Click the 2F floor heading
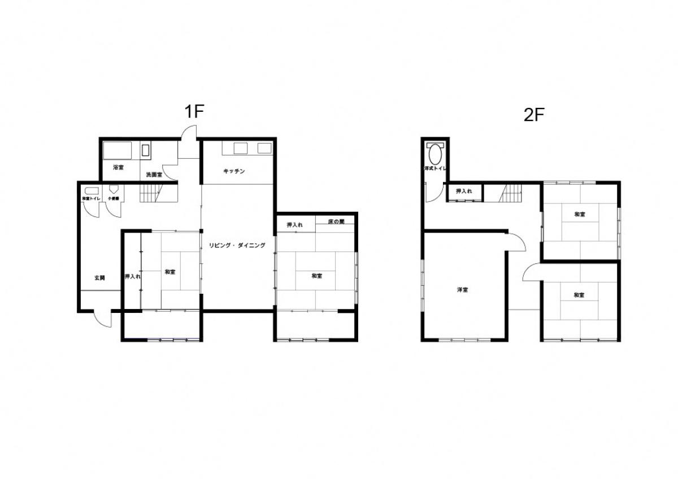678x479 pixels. (533, 115)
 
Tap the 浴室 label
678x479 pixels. (118, 167)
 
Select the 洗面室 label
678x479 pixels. (154, 175)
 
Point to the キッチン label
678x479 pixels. (234, 171)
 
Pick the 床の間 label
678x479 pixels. (336, 223)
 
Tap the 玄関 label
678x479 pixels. (100, 277)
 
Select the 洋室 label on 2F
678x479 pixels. (462, 290)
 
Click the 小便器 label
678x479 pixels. (114, 199)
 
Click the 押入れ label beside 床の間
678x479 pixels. (294, 225)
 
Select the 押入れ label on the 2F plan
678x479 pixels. (464, 192)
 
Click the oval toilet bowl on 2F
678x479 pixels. (436, 154)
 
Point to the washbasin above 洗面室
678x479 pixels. (146, 151)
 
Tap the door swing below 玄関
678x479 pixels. (103, 320)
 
